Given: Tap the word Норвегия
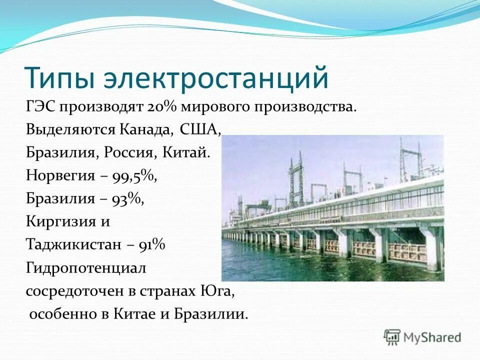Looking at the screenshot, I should point(60,175).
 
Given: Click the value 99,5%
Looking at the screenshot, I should point(135,175).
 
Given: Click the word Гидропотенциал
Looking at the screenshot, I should point(85,267).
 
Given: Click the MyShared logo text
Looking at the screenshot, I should point(432,337).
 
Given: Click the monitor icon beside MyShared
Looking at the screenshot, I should point(392,337).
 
